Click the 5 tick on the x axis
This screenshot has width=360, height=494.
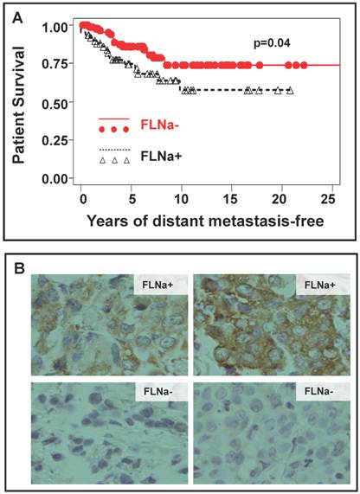[132, 199]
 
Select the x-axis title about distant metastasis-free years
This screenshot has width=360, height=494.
[204, 221]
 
